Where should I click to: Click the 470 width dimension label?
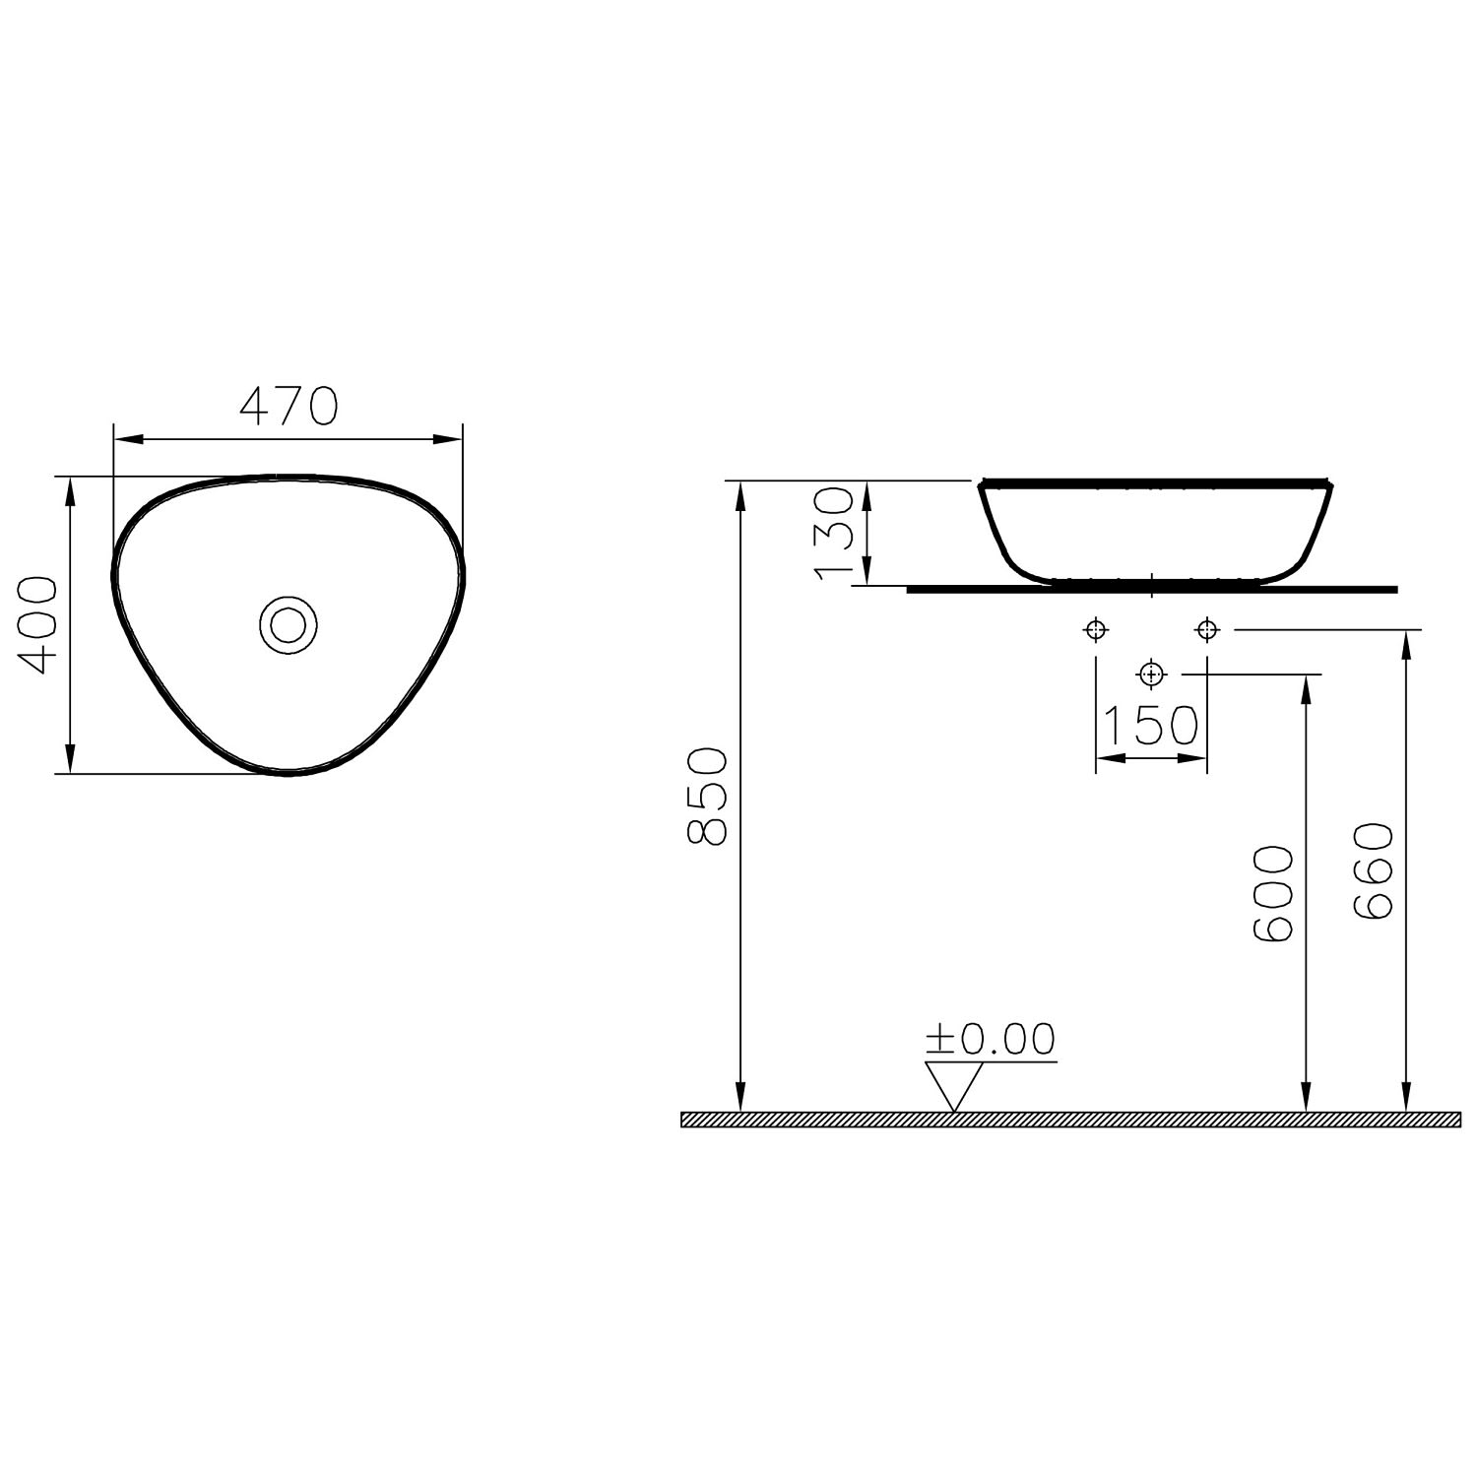point(289,406)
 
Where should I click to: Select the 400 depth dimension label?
point(38,625)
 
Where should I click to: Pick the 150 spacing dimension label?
point(1149,726)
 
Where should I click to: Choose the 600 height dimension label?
point(1274,894)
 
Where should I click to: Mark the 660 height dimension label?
point(1374,872)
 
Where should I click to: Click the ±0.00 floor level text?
point(990,1038)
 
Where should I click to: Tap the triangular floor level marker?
point(954,1087)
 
